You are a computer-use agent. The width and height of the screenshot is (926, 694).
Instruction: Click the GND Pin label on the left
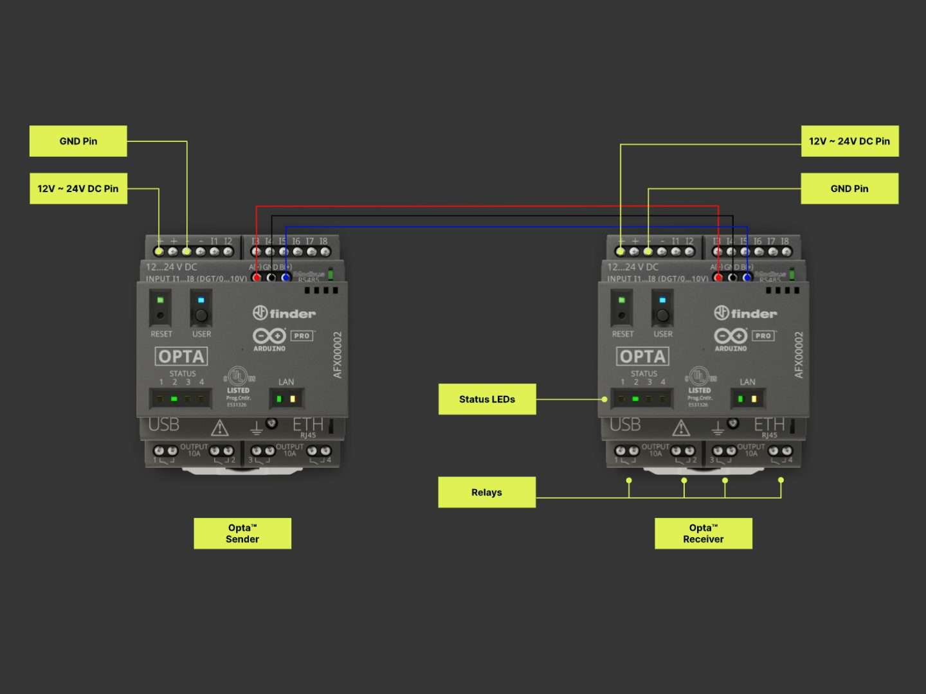click(x=78, y=141)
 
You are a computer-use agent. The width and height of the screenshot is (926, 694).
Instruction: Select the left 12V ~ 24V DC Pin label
click(x=78, y=189)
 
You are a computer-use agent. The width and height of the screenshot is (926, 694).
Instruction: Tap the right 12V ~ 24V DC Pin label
click(x=849, y=141)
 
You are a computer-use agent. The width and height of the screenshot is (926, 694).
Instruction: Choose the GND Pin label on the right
click(x=849, y=189)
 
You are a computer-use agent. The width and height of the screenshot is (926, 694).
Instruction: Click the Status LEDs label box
click(x=487, y=399)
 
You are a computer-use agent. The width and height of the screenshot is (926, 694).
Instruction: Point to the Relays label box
click(x=487, y=492)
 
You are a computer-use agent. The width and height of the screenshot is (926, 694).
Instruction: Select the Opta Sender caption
click(x=242, y=533)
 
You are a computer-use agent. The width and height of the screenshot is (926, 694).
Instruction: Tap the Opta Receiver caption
click(x=703, y=533)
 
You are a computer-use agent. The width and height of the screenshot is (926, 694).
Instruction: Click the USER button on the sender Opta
click(x=201, y=316)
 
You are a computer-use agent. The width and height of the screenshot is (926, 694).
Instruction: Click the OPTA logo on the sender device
click(x=181, y=357)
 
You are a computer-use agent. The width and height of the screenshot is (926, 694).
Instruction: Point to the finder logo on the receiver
click(x=745, y=314)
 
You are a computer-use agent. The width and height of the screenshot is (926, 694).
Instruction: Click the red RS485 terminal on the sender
click(x=257, y=278)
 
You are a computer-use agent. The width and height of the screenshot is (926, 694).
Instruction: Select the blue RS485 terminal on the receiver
click(x=747, y=278)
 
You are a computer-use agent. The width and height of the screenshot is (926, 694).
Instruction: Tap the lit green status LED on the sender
click(x=174, y=399)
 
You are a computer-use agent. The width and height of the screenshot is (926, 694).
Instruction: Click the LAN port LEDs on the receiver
click(x=747, y=399)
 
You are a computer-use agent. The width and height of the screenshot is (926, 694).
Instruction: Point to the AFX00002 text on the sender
click(x=338, y=355)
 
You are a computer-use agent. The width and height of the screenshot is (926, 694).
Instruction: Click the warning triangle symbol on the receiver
click(x=681, y=427)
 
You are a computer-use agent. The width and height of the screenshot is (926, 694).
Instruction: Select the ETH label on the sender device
click(x=308, y=425)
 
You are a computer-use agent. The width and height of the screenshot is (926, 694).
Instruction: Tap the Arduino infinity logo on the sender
click(x=269, y=336)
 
